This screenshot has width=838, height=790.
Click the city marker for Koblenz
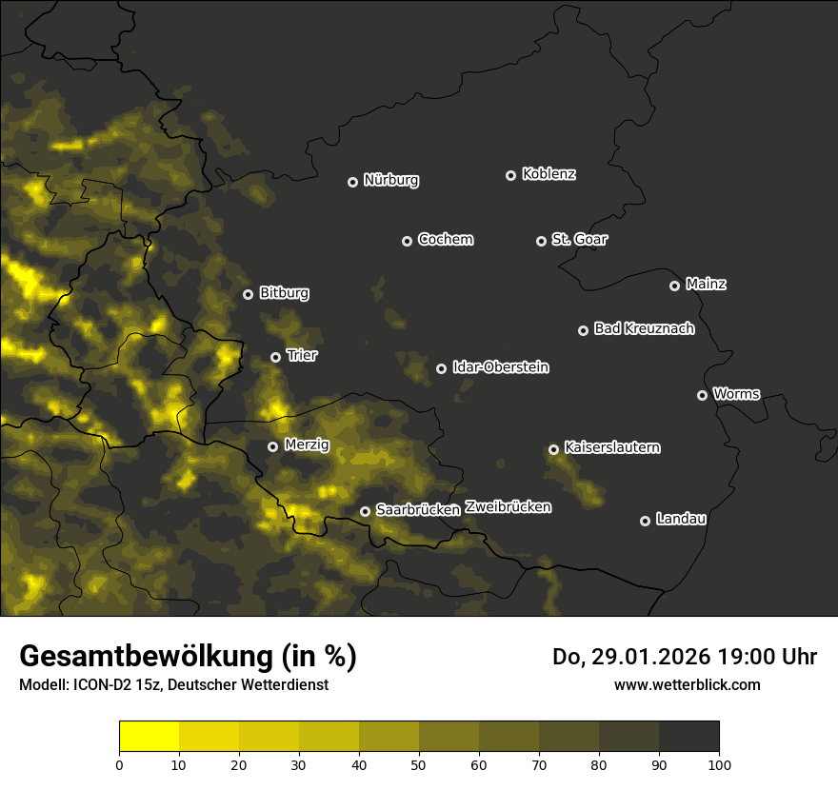(x=510, y=175)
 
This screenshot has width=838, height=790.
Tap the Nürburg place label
(x=390, y=181)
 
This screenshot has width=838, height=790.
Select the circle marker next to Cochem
(x=407, y=241)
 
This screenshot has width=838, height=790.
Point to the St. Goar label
(x=579, y=240)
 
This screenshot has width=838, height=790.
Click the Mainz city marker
(x=674, y=286)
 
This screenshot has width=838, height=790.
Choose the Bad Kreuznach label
(x=644, y=329)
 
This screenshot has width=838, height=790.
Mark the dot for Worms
(x=702, y=395)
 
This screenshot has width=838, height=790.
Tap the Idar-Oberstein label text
(x=500, y=367)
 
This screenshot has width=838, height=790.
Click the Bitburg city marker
(x=248, y=294)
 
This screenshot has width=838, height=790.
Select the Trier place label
(x=302, y=356)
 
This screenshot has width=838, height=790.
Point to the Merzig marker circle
(x=272, y=446)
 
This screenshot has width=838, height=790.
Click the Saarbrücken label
(x=417, y=510)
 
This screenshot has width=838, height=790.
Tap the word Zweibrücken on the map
(x=508, y=507)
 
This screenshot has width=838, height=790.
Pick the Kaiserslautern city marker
(x=553, y=449)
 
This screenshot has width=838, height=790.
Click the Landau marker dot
(x=645, y=521)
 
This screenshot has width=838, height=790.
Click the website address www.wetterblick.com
(x=687, y=684)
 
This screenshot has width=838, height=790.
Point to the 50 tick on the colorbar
(x=419, y=764)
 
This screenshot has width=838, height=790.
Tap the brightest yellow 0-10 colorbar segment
(x=150, y=737)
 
